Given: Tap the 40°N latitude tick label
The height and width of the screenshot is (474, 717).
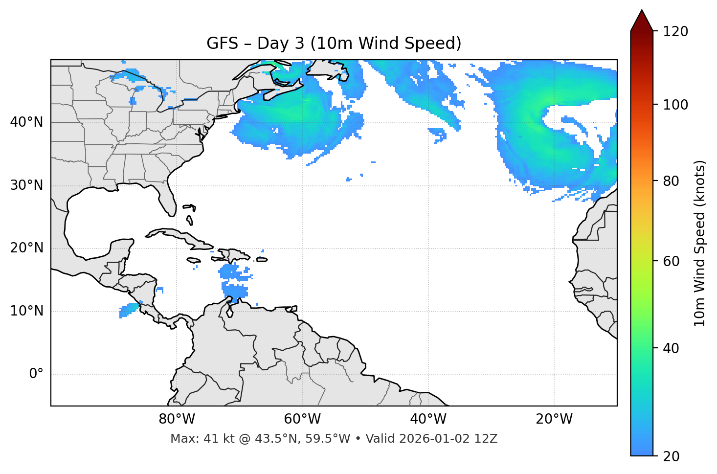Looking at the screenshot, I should tap(26, 122).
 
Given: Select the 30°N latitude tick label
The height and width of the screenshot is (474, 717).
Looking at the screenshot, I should tap(26, 185).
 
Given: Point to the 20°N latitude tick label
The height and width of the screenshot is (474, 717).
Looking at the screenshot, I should tap(26, 248).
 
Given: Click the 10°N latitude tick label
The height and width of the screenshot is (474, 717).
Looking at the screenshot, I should tap(26, 311).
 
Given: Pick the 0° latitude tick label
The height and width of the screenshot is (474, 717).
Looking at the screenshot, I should tap(36, 374).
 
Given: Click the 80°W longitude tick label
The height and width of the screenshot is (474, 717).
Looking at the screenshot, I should tap(177, 419).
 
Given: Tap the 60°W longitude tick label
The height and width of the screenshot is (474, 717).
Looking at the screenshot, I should tap(302, 419).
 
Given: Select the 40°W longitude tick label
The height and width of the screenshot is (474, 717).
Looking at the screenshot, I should tap(428, 419).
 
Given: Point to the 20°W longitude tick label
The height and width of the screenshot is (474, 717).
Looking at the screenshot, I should tap(554, 419).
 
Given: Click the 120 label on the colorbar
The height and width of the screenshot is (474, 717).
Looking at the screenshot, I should tap(675, 31).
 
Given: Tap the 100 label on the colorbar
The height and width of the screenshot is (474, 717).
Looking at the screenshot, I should tap(675, 105).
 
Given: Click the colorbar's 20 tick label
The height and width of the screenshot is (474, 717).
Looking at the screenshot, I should tap(672, 456).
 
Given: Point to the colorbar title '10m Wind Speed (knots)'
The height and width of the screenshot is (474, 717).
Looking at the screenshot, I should tap(700, 243).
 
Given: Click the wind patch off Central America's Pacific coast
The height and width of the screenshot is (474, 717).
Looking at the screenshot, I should tap(129, 310).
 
